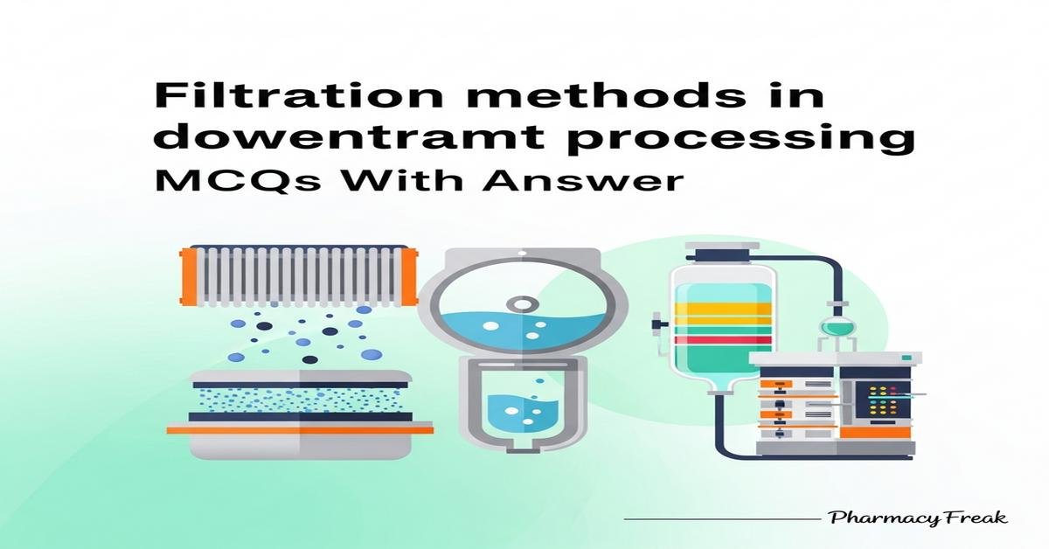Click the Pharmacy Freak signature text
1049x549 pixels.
(x=917, y=518)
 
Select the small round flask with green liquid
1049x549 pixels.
(x=837, y=326)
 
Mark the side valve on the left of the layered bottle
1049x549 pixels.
(x=657, y=328)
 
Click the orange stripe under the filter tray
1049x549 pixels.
(x=300, y=429)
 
